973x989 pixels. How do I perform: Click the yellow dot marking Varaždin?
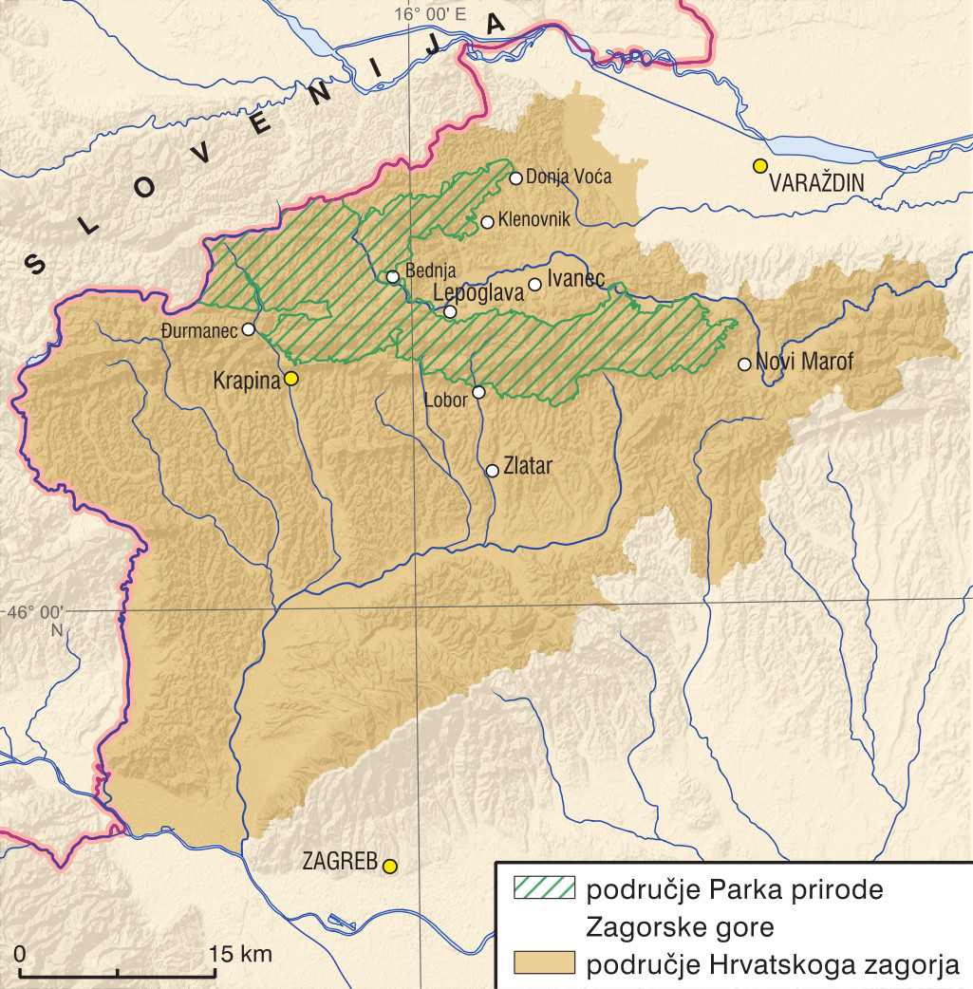click(x=759, y=166)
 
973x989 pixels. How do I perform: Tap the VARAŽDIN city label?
click(x=824, y=181)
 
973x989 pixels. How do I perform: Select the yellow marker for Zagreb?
click(x=389, y=866)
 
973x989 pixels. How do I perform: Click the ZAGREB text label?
click(x=340, y=864)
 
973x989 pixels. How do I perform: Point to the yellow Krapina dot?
click(x=291, y=379)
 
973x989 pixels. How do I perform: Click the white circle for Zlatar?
click(x=492, y=471)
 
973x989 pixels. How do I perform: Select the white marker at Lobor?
click(x=478, y=392)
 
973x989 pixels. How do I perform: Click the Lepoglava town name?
click(x=477, y=294)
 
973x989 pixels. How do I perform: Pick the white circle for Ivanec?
click(x=534, y=284)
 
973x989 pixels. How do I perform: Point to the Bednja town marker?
click(x=393, y=277)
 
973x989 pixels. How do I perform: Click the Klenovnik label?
click(x=533, y=221)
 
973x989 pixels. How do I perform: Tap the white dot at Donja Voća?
click(x=516, y=177)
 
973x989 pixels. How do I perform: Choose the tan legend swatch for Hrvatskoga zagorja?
click(x=544, y=963)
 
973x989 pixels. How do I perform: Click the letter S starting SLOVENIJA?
click(x=33, y=263)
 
